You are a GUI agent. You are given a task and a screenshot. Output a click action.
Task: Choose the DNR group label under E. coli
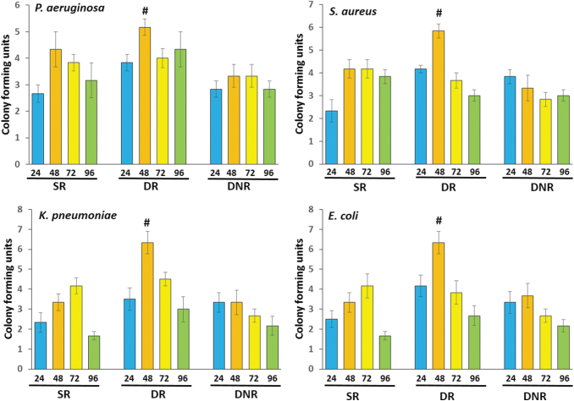click(524, 394)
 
